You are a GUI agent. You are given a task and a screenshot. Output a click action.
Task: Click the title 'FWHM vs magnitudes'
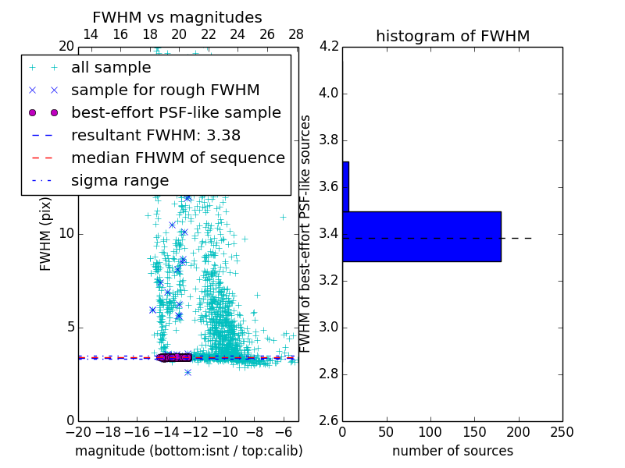[177, 17]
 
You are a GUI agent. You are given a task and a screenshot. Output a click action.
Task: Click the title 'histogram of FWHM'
[452, 36]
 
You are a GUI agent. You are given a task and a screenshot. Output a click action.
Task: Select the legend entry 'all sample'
[111, 68]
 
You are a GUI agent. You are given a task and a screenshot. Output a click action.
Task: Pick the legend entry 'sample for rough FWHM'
[165, 90]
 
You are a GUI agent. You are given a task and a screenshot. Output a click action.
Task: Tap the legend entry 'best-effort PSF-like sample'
[176, 112]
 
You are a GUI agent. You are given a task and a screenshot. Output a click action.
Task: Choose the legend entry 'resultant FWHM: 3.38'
[155, 135]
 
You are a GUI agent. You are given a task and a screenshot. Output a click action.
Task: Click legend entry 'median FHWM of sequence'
[177, 158]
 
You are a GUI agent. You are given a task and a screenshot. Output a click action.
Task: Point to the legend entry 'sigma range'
[120, 180]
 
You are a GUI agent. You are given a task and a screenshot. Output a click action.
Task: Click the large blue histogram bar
[422, 236]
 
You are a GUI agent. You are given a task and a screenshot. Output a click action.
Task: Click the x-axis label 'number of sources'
[452, 451]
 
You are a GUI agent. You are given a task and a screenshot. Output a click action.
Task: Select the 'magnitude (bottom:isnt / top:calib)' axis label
[188, 451]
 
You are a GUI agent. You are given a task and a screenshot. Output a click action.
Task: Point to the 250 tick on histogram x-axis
[562, 432]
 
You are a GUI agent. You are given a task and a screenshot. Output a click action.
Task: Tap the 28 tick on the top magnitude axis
[295, 34]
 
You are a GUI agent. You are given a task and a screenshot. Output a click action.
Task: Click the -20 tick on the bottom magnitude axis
[78, 432]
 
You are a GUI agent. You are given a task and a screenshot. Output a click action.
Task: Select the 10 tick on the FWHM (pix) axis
[66, 233]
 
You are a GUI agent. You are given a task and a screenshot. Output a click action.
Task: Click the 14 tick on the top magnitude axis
[91, 34]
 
